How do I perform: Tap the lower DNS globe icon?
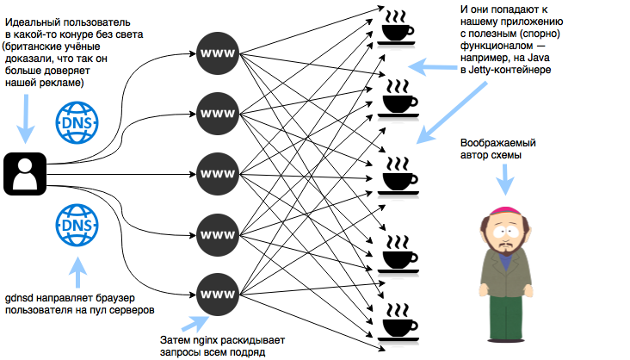click(x=76, y=225)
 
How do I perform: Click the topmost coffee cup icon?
click(x=397, y=28)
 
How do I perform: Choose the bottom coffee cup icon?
click(x=397, y=320)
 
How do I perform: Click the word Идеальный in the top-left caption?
click(x=34, y=18)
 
